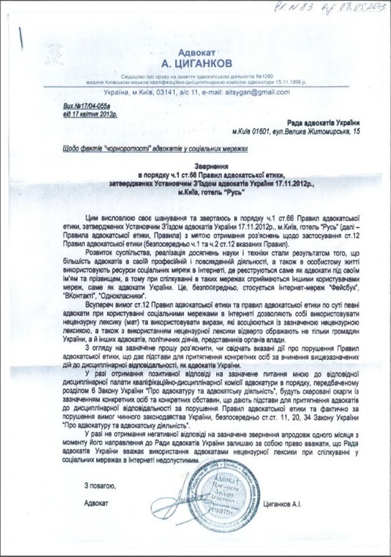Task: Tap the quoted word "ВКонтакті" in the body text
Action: tap(89, 297)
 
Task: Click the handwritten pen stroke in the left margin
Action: tap(22, 39)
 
